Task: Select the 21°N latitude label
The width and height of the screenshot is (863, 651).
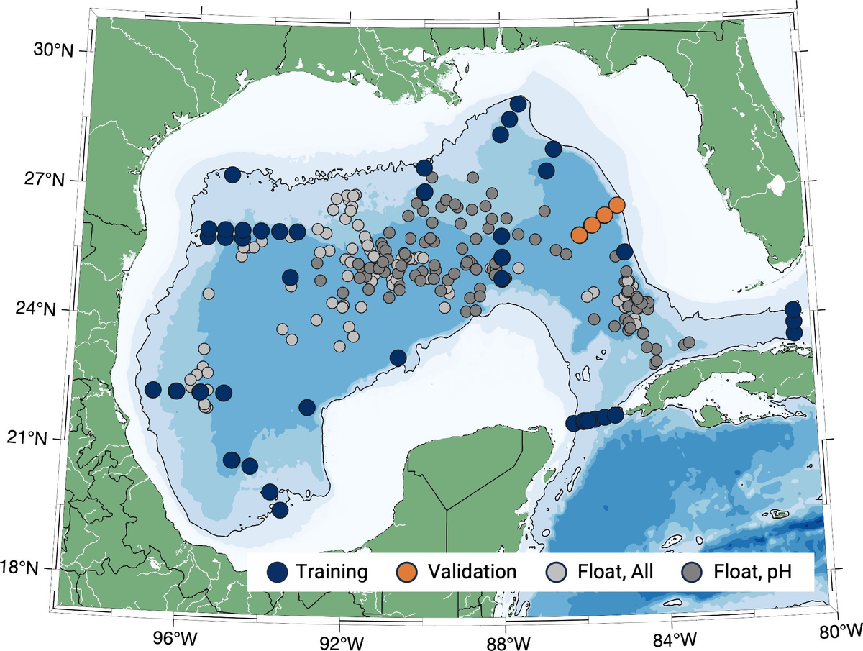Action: pyautogui.click(x=29, y=438)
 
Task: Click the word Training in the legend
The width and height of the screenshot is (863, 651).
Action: pyautogui.click(x=332, y=572)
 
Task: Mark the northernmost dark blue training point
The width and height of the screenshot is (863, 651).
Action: pyautogui.click(x=518, y=104)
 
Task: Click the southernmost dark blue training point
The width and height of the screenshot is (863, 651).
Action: pyautogui.click(x=280, y=510)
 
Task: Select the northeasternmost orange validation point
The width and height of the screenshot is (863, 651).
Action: pyautogui.click(x=616, y=205)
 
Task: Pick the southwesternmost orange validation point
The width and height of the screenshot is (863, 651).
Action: pyautogui.click(x=579, y=235)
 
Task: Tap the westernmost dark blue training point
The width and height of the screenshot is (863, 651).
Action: pyautogui.click(x=152, y=390)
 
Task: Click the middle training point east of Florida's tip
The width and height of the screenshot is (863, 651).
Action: pyautogui.click(x=793, y=321)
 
